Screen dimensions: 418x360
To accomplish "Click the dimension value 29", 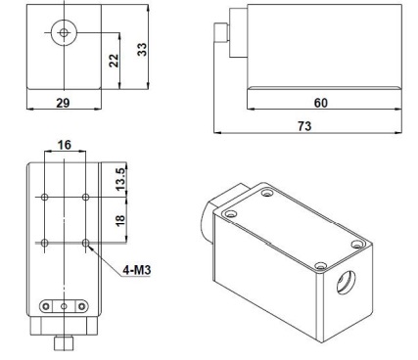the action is tap(63, 103).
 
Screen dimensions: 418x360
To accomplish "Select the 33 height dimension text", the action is tap(142, 50).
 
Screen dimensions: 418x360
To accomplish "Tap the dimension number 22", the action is tap(114, 61).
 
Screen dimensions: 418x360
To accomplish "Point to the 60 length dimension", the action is tap(321, 103).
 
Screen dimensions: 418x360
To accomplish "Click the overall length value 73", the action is tap(304, 126).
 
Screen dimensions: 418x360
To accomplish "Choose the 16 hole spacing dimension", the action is tap(65, 145).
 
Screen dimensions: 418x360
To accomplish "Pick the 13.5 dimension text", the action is tap(120, 179).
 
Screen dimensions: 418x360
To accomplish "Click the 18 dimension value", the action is tap(120, 219).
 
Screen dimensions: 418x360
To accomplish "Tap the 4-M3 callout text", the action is tap(137, 270).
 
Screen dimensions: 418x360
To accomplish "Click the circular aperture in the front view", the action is tap(64, 32).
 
